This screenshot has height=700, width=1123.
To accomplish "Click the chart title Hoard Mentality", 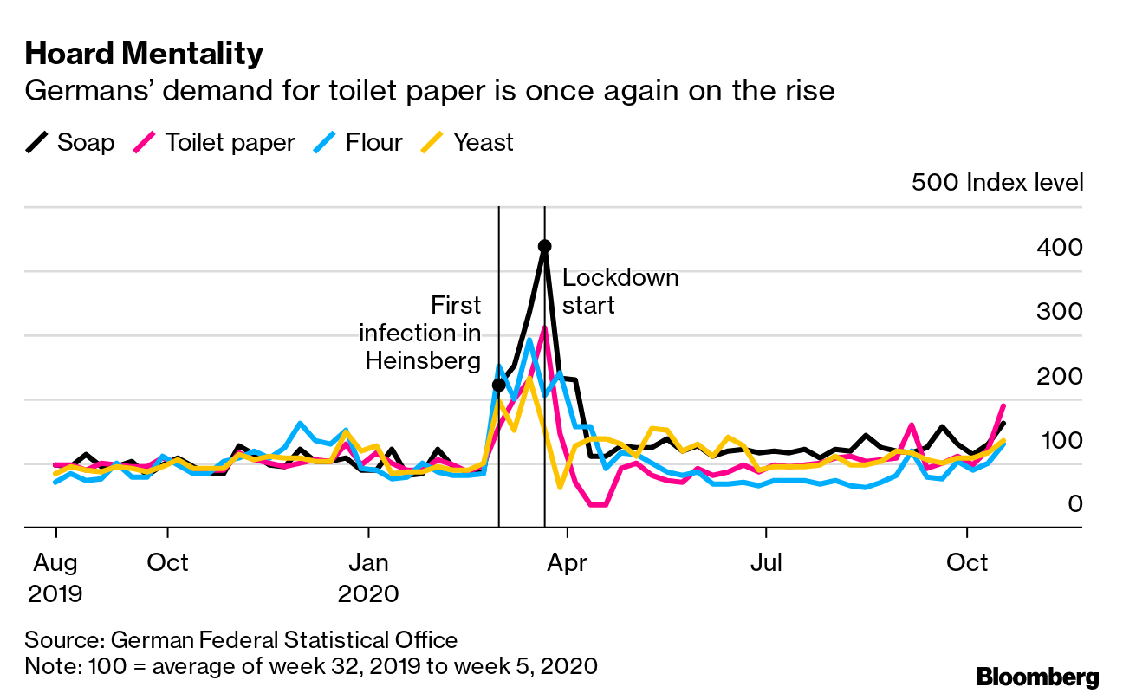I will click(x=144, y=55).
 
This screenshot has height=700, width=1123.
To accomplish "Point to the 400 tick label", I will click(x=1059, y=248).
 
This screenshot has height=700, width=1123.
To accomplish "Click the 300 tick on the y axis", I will click(x=1059, y=312).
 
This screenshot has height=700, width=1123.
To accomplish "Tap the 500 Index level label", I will click(x=996, y=183).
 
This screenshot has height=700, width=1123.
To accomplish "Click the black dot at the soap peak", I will click(x=544, y=246).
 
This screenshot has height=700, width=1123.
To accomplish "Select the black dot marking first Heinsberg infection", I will click(x=498, y=385).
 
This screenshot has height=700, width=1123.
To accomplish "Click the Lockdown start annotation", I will click(x=620, y=291).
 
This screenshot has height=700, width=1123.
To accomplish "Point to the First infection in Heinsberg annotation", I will click(x=420, y=333).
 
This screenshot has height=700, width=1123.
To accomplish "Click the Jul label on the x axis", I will click(x=766, y=562).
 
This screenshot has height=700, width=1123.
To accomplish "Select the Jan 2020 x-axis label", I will click(x=369, y=578).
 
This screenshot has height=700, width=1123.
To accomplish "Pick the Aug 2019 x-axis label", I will click(x=56, y=578).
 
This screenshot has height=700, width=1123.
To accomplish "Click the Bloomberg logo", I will click(x=1037, y=677).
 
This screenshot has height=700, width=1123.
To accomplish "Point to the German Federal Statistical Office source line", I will click(x=241, y=640).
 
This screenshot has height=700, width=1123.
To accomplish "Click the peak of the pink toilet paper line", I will click(x=544, y=328).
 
